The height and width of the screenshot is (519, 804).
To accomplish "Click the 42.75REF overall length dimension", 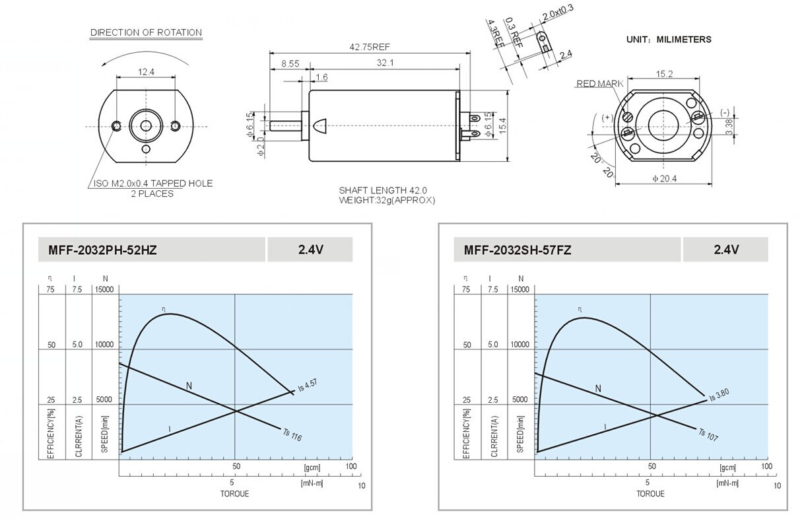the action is tap(370, 47).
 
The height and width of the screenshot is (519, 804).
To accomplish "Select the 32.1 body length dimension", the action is tap(385, 63).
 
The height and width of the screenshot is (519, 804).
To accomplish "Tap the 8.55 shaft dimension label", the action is tap(290, 64).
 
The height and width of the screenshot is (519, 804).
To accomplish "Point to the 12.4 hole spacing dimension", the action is tap(146, 72).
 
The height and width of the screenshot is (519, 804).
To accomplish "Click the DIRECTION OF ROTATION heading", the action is tap(146, 32).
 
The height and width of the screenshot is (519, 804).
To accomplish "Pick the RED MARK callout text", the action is tap(600, 84).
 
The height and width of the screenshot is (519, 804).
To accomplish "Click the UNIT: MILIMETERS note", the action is tap(669, 40).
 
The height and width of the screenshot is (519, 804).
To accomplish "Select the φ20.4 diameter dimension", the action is tap(664, 178).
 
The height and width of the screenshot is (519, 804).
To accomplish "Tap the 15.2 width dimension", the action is tap(664, 74).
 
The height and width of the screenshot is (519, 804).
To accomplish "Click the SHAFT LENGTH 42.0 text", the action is tap(383, 190).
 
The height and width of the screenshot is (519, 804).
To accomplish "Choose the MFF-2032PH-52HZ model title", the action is tap(103, 250).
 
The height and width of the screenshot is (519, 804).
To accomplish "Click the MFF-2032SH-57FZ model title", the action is tap(518, 250).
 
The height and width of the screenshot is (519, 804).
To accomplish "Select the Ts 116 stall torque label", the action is tap(292, 434).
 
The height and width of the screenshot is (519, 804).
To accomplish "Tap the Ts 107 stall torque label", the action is tap(708, 434).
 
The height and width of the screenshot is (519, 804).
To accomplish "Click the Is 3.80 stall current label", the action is tap(720, 395).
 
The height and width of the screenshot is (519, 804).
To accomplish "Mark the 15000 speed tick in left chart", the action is tap(104, 290).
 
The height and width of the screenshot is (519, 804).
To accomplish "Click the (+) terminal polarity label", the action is tap(607, 118).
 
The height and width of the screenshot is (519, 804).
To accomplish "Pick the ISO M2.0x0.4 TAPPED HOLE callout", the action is tap(153, 184).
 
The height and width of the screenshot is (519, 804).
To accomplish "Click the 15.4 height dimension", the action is tap(502, 125).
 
